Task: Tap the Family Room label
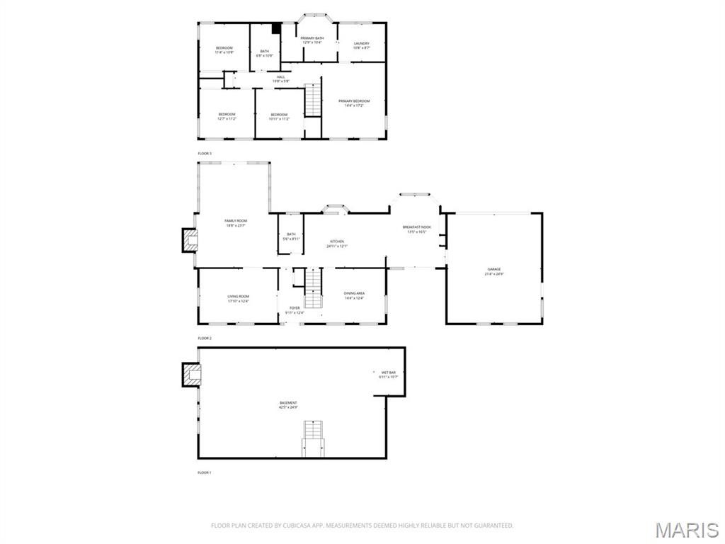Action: pos(236,222)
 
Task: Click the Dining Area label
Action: pos(354,295)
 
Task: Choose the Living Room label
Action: pos(238,298)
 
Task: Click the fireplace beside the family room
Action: pos(189,241)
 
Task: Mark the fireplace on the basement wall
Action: pos(190,375)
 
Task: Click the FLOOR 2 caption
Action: pos(205,339)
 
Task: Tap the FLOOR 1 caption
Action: pos(205,472)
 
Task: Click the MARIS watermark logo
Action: pos(686,529)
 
